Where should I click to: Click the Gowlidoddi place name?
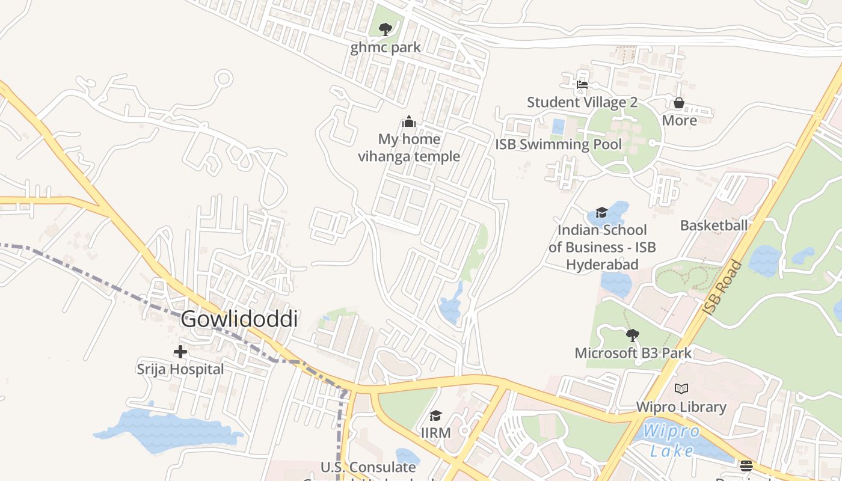(239, 319)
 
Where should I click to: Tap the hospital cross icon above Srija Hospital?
(180, 352)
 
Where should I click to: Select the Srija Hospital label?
(180, 369)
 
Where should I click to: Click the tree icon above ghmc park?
(386, 29)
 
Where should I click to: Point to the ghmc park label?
(386, 47)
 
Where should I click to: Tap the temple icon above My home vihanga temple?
(409, 122)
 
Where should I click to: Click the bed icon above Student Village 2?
(582, 85)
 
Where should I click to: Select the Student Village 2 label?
(582, 102)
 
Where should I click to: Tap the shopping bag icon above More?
(679, 103)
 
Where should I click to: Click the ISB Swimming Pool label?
(558, 144)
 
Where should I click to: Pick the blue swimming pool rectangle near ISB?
(558, 127)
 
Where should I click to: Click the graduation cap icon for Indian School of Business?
(601, 212)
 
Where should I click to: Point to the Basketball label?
(714, 225)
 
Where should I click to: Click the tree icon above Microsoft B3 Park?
(632, 335)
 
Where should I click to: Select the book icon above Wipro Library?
(681, 388)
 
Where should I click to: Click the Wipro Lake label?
(671, 441)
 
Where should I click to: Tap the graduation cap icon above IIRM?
(436, 415)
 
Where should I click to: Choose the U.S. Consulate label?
(368, 467)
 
